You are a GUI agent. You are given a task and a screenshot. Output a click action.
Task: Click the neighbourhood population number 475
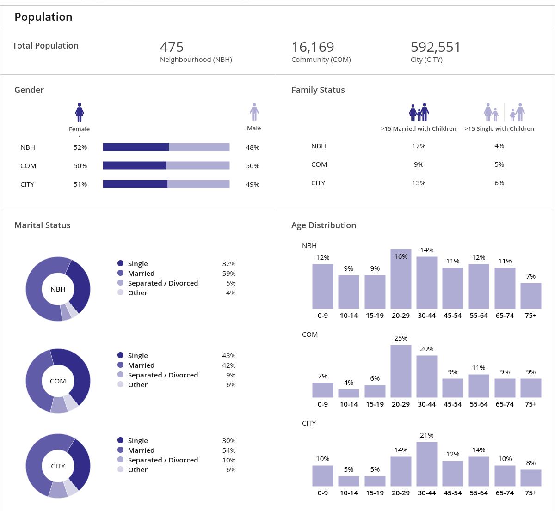172,47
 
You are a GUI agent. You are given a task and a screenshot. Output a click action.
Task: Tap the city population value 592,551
435,47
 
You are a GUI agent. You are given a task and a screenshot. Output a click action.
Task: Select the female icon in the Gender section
80,112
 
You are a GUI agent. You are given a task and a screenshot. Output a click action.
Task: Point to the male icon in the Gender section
254,112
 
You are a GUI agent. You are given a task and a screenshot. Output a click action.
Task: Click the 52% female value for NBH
80,147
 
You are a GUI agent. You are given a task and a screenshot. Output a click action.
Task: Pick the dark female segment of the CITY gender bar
135,184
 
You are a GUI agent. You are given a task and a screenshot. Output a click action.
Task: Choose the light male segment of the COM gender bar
197,165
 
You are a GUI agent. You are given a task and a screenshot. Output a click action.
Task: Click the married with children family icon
419,112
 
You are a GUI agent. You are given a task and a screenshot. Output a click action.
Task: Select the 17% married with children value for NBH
419,146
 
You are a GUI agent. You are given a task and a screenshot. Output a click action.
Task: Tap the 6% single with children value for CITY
499,183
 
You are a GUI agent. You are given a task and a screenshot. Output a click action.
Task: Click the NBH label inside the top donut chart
58,289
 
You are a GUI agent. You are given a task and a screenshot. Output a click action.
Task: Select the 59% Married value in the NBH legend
228,274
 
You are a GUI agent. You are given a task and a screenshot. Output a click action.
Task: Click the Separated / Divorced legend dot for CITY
121,460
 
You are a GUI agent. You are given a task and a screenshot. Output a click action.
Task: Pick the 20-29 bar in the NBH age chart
401,280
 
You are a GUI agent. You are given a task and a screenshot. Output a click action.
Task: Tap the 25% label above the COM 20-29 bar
401,338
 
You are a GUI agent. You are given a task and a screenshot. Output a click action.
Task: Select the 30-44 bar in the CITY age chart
426,464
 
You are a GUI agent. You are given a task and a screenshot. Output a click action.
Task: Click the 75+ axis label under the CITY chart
530,493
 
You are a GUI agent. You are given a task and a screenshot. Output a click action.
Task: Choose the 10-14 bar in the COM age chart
348,393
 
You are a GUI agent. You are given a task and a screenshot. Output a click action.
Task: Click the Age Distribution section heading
323,225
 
